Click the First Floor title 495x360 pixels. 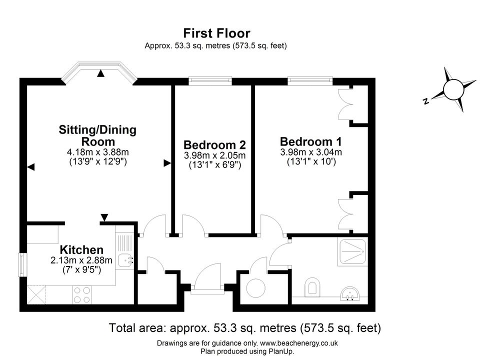pyautogui.click(x=216, y=33)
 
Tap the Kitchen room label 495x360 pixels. pyautogui.click(x=82, y=250)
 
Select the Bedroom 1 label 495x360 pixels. pyautogui.click(x=310, y=141)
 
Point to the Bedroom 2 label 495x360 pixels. pyautogui.click(x=214, y=145)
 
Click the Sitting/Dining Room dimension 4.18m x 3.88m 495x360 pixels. pyautogui.click(x=98, y=152)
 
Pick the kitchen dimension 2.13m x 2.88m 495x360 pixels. pyautogui.click(x=81, y=260)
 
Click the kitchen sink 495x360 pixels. pyautogui.click(x=125, y=261)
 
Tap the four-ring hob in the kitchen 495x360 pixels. pyautogui.click(x=82, y=295)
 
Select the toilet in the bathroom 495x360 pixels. pyautogui.click(x=312, y=287)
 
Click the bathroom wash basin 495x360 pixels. pyautogui.click(x=350, y=293)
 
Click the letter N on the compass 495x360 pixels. pyautogui.click(x=426, y=101)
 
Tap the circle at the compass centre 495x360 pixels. pyautogui.click(x=453, y=89)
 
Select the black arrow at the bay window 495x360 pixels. pyautogui.click(x=100, y=73)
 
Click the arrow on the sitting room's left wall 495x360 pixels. pyautogui.click(x=30, y=167)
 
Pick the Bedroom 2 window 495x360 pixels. pyautogui.click(x=210, y=81)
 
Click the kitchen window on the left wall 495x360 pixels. pyautogui.click(x=22, y=264)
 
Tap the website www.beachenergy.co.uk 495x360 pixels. pyautogui.click(x=298, y=343)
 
